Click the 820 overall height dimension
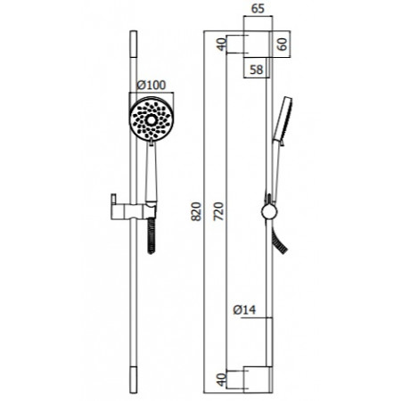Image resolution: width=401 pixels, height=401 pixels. (196, 211)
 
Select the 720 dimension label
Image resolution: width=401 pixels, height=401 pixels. (218, 211)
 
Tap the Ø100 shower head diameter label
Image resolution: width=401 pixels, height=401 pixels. (151, 86)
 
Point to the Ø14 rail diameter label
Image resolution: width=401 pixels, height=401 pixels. (244, 310)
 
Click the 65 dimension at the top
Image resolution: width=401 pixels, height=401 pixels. (258, 9)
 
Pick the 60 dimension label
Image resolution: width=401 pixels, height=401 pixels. (282, 44)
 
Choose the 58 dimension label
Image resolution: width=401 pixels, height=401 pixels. (257, 70)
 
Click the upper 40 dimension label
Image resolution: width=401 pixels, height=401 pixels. (222, 45)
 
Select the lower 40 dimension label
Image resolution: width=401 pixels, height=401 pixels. (222, 380)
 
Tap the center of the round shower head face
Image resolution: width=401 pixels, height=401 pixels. (151, 119)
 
